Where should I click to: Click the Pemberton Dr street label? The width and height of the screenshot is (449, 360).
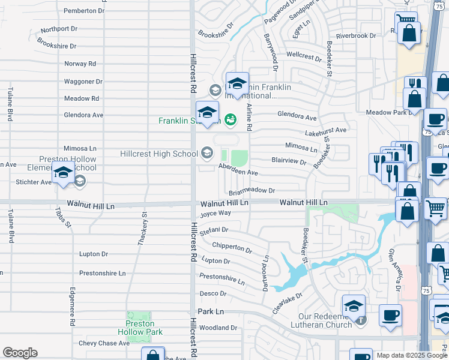point(83,11)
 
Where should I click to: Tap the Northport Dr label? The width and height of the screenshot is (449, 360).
point(59,29)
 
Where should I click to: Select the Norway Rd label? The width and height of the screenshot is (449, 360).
point(80,64)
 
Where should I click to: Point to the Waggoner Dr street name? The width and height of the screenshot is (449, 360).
point(83,82)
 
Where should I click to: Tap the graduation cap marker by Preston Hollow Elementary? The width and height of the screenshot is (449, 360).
point(63,173)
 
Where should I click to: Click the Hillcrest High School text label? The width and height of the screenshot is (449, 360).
point(158,154)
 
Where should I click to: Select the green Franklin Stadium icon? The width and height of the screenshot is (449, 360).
point(231,121)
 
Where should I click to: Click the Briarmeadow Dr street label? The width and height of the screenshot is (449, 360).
point(252,191)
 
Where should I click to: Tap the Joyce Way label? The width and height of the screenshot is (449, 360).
point(215,214)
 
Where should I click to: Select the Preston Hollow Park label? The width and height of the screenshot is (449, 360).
point(145,328)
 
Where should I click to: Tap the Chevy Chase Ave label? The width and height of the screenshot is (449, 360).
point(104,343)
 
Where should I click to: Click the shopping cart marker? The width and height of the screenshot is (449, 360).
point(436,209)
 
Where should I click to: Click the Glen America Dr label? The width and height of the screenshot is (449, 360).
point(394,269)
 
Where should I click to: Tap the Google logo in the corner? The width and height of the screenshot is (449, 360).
point(20,353)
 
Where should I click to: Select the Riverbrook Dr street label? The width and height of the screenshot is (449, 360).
point(356,35)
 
